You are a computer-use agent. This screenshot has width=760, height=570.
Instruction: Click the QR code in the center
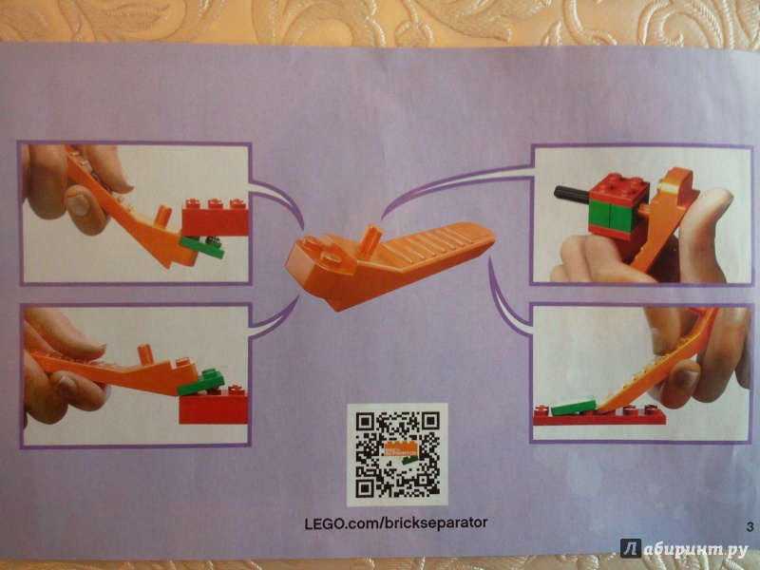[397, 454]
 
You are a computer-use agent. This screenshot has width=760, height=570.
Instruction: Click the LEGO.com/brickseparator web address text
[396, 523]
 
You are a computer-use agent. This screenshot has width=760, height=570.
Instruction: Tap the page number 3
[750, 527]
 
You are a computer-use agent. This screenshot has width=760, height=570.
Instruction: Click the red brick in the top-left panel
[215, 218]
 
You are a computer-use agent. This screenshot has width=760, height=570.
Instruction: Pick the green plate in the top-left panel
[202, 247]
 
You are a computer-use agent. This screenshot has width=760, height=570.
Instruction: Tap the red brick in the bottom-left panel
[213, 406]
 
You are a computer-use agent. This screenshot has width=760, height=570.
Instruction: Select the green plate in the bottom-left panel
[201, 381]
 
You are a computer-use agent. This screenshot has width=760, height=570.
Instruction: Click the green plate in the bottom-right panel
[574, 406]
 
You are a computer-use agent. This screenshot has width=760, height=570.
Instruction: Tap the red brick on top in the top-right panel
[619, 191]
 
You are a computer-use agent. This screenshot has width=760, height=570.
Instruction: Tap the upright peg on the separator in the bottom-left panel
[145, 354]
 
